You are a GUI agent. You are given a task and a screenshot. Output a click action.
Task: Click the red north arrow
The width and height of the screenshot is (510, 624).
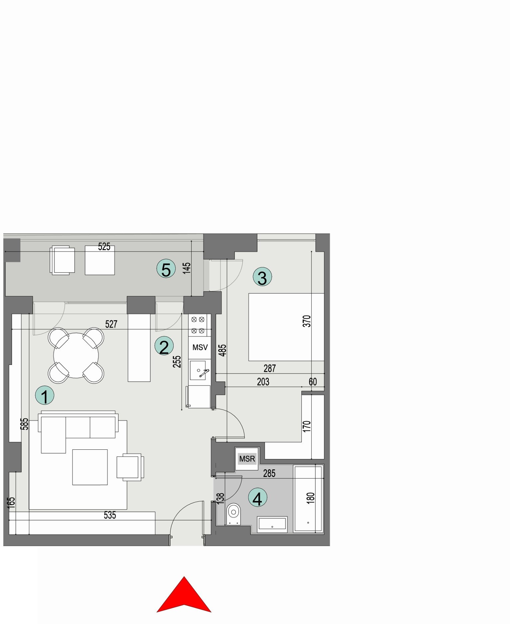tap(184, 597)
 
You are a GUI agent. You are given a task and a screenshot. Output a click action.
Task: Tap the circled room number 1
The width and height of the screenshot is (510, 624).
tap(45, 395)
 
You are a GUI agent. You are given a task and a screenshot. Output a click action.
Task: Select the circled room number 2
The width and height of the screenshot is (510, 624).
tap(164, 346)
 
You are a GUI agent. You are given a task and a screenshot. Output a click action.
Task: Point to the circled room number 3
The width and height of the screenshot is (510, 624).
tap(262, 277)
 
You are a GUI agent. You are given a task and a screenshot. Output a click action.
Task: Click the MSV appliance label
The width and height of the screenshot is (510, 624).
tap(200, 347)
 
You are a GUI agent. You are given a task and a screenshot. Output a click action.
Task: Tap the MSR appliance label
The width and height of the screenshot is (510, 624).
tap(247, 459)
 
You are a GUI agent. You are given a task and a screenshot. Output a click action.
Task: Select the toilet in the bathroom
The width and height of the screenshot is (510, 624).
tap(234, 513)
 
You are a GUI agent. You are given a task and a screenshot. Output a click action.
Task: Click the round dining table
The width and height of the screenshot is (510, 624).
tap(76, 355)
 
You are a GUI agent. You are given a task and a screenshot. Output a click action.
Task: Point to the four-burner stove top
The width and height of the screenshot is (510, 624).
tap(198, 325)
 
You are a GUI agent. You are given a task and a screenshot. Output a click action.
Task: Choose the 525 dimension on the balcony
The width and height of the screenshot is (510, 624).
tap(104, 246)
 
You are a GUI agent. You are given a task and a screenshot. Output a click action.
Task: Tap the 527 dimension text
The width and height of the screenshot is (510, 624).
tap(111, 324)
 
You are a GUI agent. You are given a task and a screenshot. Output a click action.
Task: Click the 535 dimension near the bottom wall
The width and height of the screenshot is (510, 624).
tap(110, 515)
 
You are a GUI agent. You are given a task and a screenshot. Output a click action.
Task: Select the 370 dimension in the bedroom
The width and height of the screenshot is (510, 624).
tap(307, 321)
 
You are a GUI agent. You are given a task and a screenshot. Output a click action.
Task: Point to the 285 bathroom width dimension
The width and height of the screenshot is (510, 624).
tap(269, 473)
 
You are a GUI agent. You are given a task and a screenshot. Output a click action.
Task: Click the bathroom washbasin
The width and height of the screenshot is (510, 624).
tap(272, 525)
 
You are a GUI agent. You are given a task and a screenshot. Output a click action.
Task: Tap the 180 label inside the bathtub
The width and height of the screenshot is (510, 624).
tap(310, 498)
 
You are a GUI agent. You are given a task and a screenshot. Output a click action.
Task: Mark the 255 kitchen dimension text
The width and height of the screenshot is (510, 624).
tap(177, 362)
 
